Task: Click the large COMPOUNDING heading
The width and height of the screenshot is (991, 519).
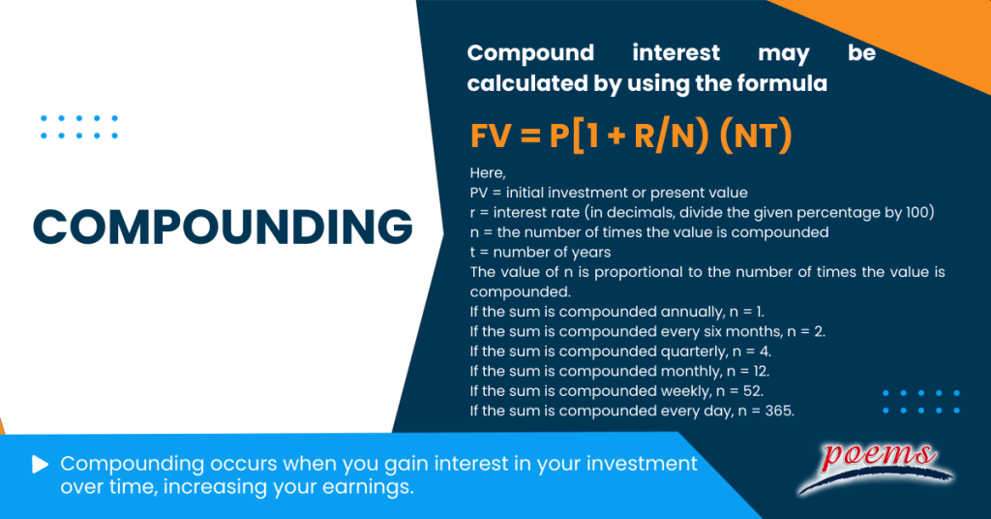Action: (x=223, y=226)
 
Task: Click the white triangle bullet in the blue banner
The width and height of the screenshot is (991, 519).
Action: (x=40, y=465)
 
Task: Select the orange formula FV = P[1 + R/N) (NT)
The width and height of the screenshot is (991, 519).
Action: (x=631, y=137)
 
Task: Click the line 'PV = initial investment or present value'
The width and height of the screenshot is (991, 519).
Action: (x=609, y=193)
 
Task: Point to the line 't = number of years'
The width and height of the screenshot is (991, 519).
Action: (x=540, y=252)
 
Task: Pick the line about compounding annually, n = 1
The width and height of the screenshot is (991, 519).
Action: (x=616, y=312)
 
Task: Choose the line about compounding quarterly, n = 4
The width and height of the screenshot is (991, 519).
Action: (x=620, y=351)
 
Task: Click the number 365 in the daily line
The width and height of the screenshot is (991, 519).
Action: (x=779, y=411)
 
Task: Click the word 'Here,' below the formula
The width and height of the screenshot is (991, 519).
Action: (x=487, y=173)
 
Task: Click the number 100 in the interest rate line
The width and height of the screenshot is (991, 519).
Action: (x=919, y=212)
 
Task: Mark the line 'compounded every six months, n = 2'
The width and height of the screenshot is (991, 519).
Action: (x=647, y=331)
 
